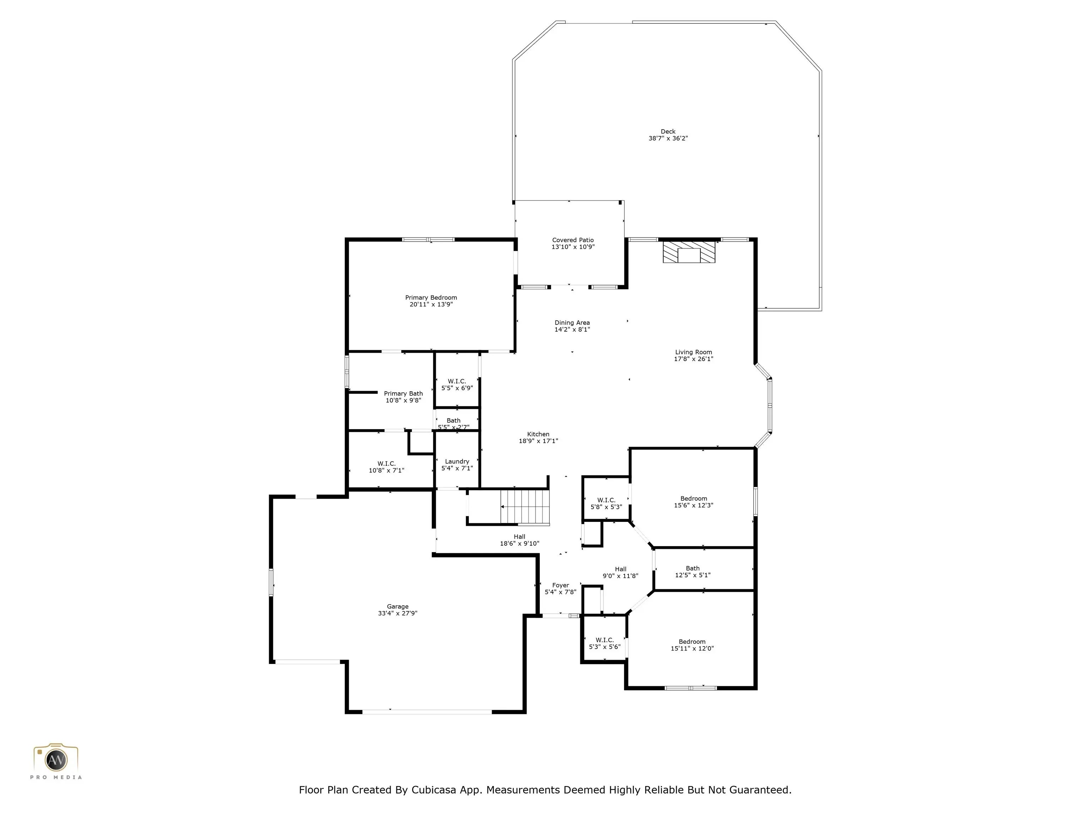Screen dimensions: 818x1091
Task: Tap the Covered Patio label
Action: tap(572, 240)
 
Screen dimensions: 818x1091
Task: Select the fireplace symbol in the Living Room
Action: tap(689, 252)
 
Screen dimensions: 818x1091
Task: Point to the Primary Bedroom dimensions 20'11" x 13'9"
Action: tap(431, 305)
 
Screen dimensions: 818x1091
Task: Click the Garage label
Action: tap(397, 606)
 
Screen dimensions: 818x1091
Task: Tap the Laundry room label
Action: tap(457, 462)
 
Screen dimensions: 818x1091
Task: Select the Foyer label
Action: tap(560, 585)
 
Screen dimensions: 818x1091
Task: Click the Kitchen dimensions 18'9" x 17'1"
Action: tap(538, 441)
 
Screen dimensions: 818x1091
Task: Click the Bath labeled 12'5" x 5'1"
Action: tap(693, 572)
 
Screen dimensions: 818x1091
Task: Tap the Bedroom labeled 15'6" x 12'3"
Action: tap(694, 502)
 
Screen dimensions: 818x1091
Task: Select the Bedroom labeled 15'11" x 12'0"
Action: tap(692, 645)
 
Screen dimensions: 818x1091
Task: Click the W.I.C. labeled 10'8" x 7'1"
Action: tap(386, 467)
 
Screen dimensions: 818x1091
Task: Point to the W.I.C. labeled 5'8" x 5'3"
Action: tap(606, 503)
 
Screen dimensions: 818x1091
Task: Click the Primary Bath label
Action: tap(403, 393)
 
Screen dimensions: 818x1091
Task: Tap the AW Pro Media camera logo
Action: tap(56, 760)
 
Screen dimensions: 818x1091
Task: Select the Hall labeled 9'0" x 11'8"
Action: tap(620, 572)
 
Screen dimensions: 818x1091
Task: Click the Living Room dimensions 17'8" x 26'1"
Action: tap(694, 359)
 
